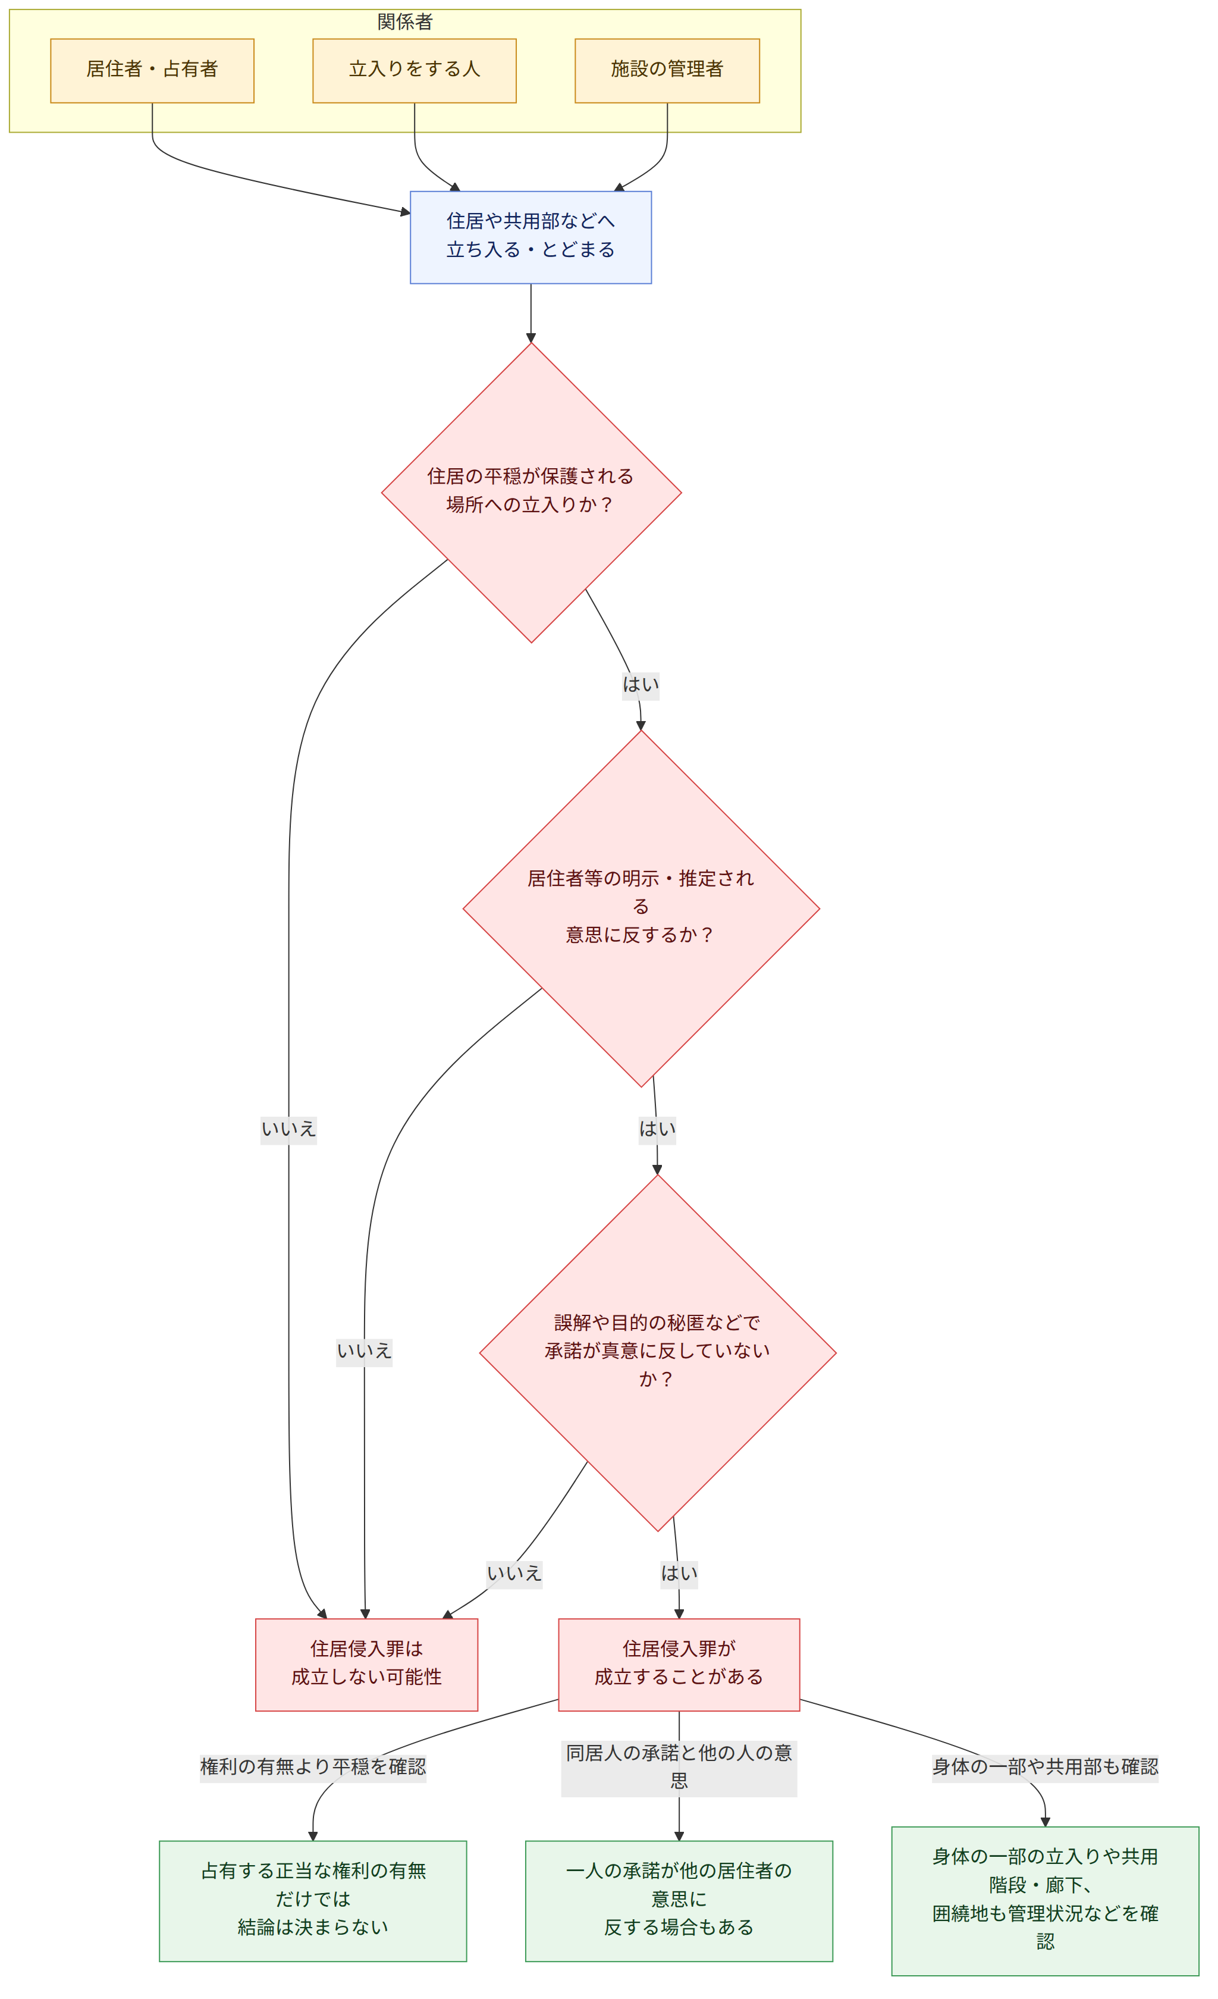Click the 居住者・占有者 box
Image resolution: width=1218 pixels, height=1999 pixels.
(x=152, y=71)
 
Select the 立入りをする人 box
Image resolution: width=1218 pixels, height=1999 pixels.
(x=415, y=71)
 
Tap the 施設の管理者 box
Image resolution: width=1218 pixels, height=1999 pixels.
(x=667, y=71)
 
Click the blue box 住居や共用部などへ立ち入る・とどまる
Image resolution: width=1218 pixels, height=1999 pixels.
(x=530, y=237)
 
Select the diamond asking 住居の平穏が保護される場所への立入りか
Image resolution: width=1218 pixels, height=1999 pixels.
(x=531, y=493)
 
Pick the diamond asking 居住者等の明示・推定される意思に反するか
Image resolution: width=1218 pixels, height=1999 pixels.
(x=641, y=908)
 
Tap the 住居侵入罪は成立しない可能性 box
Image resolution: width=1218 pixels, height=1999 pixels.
(x=366, y=1665)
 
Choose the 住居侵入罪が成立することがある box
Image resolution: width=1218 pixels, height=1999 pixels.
(x=679, y=1665)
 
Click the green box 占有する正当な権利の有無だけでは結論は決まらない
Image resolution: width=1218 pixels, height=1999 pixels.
(x=313, y=1901)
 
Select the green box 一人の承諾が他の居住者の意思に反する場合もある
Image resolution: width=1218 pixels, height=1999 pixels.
(x=679, y=1901)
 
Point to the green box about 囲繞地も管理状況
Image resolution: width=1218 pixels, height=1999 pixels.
(x=1046, y=1901)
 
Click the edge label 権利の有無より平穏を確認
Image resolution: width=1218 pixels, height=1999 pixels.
(x=313, y=1766)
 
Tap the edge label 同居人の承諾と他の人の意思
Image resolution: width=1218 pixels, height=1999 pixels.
(x=679, y=1766)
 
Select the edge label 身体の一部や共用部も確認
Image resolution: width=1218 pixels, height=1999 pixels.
(x=1046, y=1766)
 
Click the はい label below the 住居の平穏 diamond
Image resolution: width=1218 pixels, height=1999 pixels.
(x=641, y=684)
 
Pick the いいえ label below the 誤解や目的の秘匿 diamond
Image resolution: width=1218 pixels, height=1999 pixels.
(x=514, y=1573)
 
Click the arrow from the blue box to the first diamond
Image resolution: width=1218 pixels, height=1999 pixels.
(x=531, y=313)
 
